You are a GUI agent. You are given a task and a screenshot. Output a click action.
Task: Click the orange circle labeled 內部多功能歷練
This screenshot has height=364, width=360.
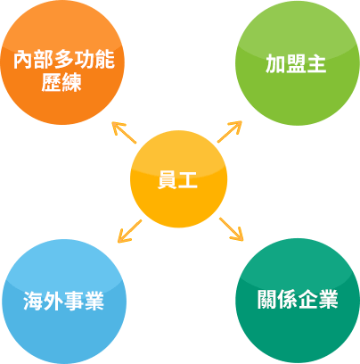click(x=62, y=62)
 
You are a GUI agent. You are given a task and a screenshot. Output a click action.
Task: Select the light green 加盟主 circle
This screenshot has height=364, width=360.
click(x=298, y=63)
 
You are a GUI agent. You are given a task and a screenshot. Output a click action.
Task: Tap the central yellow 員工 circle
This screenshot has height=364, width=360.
click(x=179, y=179)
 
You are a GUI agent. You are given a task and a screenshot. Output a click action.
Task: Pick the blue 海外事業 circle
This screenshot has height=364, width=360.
click(x=64, y=302)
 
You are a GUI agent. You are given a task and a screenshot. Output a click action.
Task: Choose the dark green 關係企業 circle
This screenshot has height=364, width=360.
click(x=298, y=301)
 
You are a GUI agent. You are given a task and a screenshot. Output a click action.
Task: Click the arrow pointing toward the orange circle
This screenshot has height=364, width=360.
click(x=124, y=132)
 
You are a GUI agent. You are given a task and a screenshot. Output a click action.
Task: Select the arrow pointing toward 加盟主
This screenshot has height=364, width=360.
click(x=230, y=131)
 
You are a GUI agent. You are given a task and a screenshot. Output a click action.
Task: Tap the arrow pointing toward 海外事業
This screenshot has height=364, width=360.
click(x=130, y=231)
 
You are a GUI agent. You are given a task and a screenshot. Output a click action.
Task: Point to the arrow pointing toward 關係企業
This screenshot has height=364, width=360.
click(x=232, y=229)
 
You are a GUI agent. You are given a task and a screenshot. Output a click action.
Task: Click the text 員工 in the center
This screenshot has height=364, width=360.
click(x=177, y=180)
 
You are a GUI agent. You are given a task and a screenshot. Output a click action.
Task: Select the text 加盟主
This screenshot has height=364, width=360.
click(x=296, y=63)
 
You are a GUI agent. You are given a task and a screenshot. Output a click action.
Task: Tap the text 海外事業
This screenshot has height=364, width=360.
click(x=63, y=301)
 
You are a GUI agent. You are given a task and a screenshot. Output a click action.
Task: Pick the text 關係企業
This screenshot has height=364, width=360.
click(x=298, y=299)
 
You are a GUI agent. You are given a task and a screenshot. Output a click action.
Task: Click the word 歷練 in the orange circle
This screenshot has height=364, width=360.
click(x=61, y=82)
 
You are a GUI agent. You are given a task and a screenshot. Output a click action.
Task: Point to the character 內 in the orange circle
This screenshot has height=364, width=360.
click(x=23, y=60)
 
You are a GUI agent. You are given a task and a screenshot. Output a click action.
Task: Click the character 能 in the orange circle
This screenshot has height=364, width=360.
click(x=105, y=60)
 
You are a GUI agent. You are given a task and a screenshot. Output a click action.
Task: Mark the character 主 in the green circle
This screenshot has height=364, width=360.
click(x=316, y=63)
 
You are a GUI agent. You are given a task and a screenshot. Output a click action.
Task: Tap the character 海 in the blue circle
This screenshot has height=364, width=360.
click(x=33, y=301)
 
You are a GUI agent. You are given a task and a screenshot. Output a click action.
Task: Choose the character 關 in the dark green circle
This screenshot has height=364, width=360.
click(x=267, y=299)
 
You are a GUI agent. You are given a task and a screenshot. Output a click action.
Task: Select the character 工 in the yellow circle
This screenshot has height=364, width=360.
click(x=188, y=180)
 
